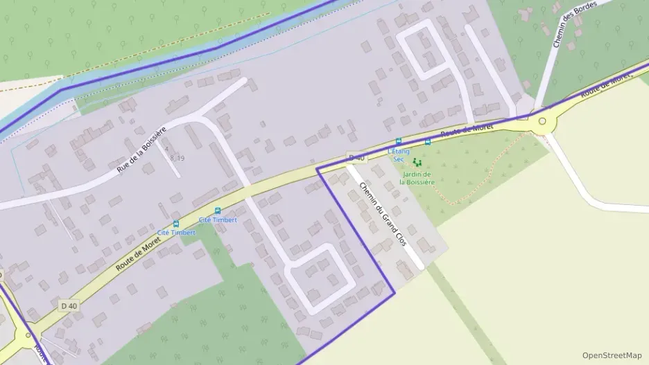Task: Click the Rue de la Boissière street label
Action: [142, 150]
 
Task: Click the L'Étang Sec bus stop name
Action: [399, 154]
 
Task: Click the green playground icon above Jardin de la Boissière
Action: [417, 162]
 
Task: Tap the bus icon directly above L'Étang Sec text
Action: [399, 141]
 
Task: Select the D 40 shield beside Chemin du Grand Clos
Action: [356, 158]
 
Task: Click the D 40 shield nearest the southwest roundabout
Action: [69, 305]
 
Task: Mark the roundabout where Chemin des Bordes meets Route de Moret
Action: [543, 121]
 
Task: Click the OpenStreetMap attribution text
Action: [612, 355]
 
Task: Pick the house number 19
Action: [180, 159]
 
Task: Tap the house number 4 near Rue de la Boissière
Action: [166, 148]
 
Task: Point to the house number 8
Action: [172, 159]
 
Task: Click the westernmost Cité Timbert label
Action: [176, 233]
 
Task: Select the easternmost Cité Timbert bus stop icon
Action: [218, 211]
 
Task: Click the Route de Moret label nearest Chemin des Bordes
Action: [606, 82]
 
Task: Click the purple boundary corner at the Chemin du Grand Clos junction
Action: [318, 168]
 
